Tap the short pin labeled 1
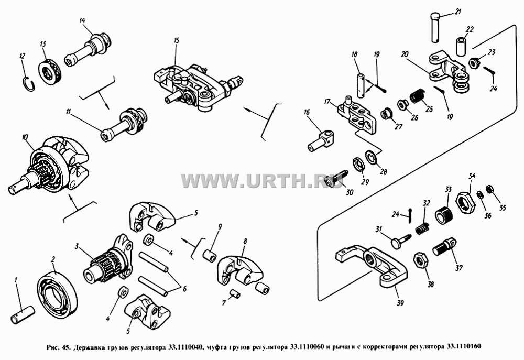(x=23, y=315)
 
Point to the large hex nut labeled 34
(x=465, y=203)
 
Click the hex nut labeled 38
(x=421, y=260)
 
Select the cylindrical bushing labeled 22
(x=460, y=47)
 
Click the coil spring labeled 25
(x=416, y=96)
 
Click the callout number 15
(x=177, y=40)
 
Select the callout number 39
(x=400, y=303)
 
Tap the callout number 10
(x=25, y=137)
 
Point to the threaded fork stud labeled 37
(x=445, y=247)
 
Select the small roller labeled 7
(x=234, y=294)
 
